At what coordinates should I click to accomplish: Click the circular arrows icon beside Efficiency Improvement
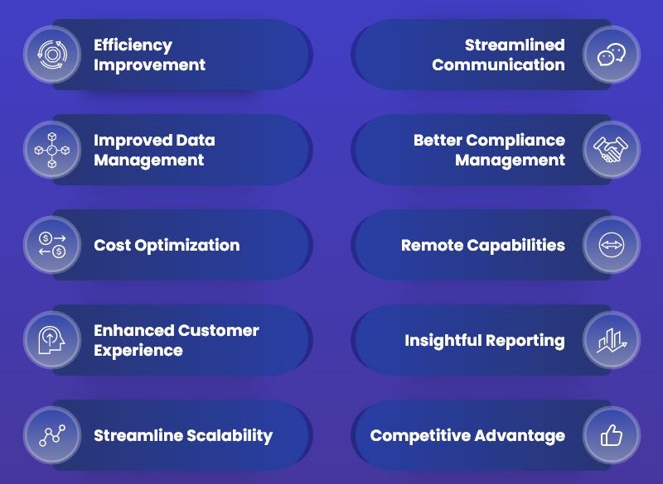pyautogui.click(x=51, y=55)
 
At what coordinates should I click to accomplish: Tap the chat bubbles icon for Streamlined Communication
pyautogui.click(x=612, y=55)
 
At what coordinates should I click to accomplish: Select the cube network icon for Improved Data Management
pyautogui.click(x=52, y=150)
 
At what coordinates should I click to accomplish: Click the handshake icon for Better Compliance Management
pyautogui.click(x=611, y=150)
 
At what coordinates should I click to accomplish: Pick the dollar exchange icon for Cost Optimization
pyautogui.click(x=52, y=245)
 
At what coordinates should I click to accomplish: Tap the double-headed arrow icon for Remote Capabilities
pyautogui.click(x=612, y=245)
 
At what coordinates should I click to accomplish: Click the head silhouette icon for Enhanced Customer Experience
pyautogui.click(x=51, y=340)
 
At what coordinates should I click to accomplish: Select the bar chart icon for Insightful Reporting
pyautogui.click(x=612, y=341)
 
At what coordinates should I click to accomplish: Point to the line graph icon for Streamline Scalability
pyautogui.click(x=52, y=435)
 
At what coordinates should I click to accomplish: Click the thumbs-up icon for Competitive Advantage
pyautogui.click(x=612, y=435)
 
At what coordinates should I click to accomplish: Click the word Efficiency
pyautogui.click(x=133, y=46)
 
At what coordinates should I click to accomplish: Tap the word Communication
pyautogui.click(x=499, y=65)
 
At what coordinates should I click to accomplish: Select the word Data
pyautogui.click(x=196, y=140)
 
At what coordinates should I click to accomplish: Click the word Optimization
pyautogui.click(x=187, y=246)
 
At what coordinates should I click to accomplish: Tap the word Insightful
pyautogui.click(x=443, y=341)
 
